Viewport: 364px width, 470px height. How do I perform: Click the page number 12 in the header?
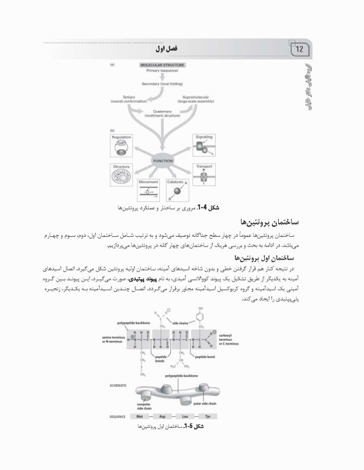tap(300, 49)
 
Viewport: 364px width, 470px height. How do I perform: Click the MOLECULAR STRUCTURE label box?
tap(162, 64)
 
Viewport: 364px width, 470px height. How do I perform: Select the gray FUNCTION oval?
tap(163, 160)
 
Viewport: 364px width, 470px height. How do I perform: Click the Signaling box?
tap(203, 146)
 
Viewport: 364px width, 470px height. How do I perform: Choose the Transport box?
tap(203, 175)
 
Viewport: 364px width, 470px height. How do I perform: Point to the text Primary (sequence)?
tap(162, 71)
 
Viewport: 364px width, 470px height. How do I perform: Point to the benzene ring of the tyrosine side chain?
tap(200, 318)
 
